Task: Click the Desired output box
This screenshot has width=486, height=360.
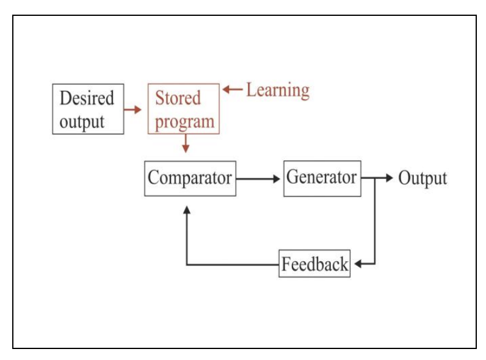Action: [88, 109]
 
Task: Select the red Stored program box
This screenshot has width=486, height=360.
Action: [184, 109]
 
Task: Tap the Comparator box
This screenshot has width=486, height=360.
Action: [190, 178]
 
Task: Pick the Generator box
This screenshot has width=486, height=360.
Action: [322, 178]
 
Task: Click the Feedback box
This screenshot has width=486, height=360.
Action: [314, 264]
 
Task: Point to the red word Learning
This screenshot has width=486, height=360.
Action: [277, 90]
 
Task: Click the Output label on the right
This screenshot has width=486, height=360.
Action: [423, 178]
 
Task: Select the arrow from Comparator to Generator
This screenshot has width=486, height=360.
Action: [259, 179]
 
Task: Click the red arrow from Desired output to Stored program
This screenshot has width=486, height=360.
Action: [132, 110]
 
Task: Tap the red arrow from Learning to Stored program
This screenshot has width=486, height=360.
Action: [233, 90]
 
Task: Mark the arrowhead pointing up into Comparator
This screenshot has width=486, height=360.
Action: [187, 209]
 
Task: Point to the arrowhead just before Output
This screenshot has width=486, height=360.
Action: [390, 178]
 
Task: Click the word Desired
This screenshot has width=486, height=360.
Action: [87, 98]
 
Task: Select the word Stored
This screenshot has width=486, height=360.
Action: [178, 98]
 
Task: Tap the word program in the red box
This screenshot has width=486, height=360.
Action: [184, 121]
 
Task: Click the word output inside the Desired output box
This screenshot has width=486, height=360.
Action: [82, 121]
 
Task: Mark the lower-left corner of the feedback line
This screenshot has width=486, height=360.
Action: [187, 265]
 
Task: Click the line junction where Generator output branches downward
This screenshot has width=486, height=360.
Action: [374, 179]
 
